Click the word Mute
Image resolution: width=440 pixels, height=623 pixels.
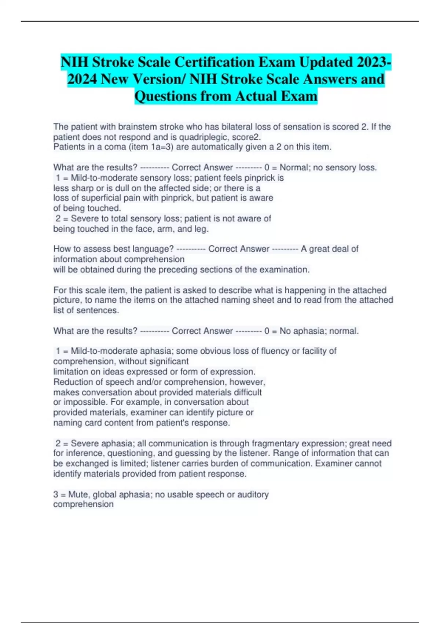pyautogui.click(x=78, y=494)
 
